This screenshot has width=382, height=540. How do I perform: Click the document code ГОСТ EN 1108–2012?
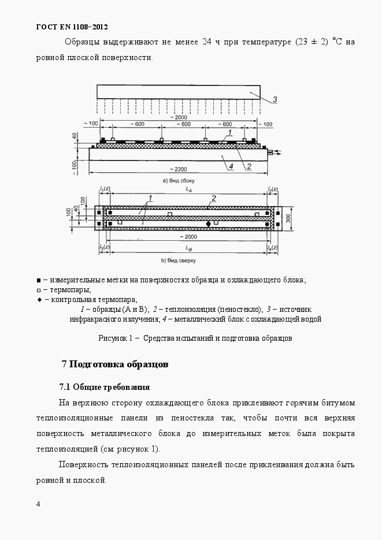[72, 27]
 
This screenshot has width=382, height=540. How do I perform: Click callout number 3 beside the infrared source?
[275, 99]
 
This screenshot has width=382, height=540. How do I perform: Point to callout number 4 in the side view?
[230, 166]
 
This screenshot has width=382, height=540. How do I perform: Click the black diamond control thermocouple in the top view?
[209, 223]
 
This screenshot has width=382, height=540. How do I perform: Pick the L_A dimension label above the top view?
[189, 189]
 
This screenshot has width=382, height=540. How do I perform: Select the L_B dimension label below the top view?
[189, 248]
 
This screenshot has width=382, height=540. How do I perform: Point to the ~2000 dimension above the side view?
[179, 117]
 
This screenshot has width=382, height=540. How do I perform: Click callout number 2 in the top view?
[214, 198]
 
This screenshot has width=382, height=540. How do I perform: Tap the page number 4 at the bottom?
[38, 504]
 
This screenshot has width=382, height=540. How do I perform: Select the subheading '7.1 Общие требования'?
[105, 386]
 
